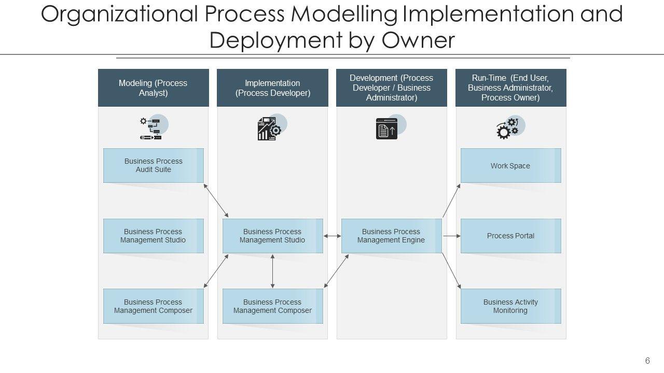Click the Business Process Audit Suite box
(x=154, y=165)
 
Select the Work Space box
(x=510, y=166)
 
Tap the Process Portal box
(x=510, y=236)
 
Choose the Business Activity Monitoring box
(x=510, y=306)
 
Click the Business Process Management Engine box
(x=391, y=236)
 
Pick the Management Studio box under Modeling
(x=154, y=236)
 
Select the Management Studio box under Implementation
(x=272, y=236)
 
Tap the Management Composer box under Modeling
(x=154, y=306)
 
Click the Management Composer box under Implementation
(x=272, y=306)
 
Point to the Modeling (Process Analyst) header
(x=154, y=88)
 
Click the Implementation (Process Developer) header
(x=272, y=88)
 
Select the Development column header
(x=391, y=88)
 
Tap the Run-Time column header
(x=510, y=88)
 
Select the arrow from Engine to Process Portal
(x=451, y=236)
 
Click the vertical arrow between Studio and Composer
(x=272, y=270)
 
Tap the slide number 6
(x=647, y=361)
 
